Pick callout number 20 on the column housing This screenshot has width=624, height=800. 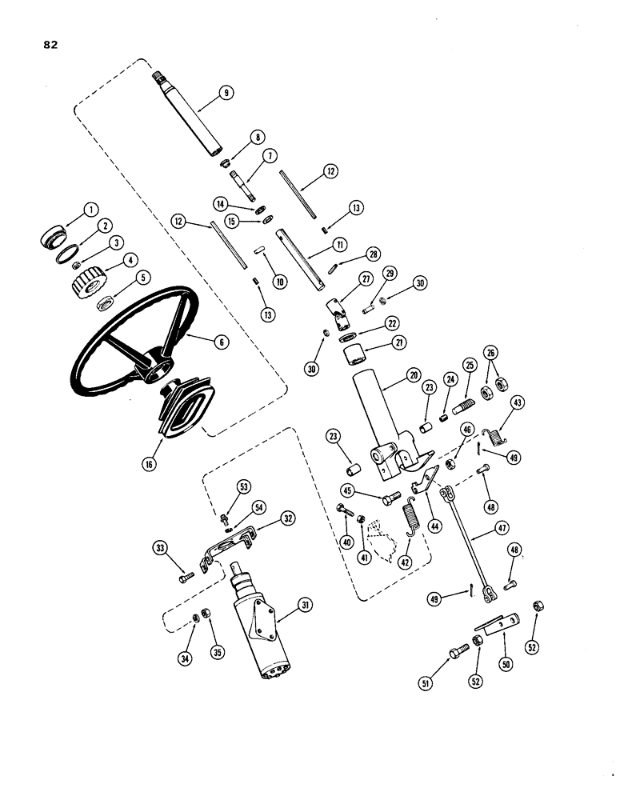click(413, 374)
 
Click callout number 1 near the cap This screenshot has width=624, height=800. click(90, 210)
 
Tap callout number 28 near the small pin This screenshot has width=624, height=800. click(373, 254)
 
